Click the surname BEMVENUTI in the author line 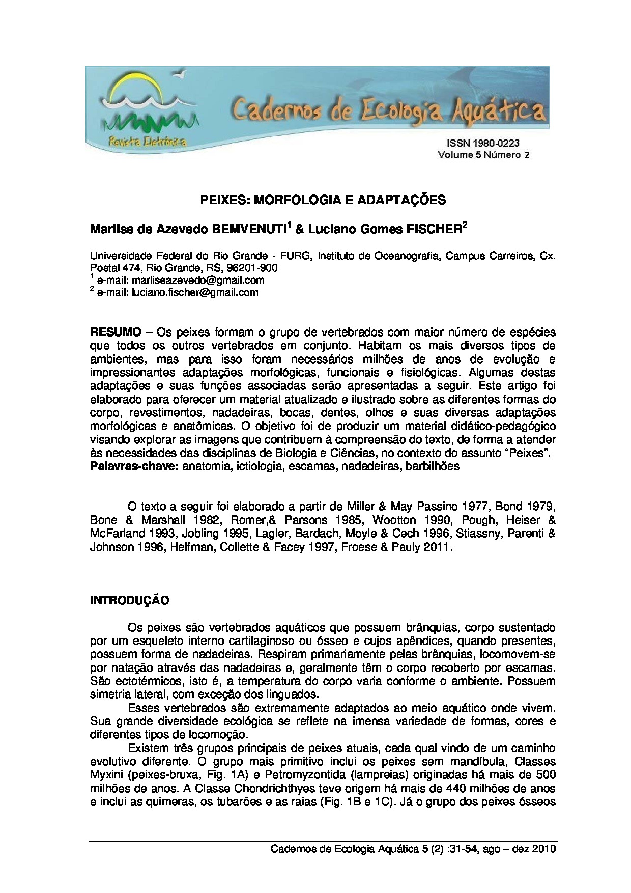249,230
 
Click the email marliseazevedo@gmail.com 198,280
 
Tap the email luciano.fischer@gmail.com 195,292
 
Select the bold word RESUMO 116,332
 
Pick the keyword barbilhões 433,466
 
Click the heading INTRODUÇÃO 129,601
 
